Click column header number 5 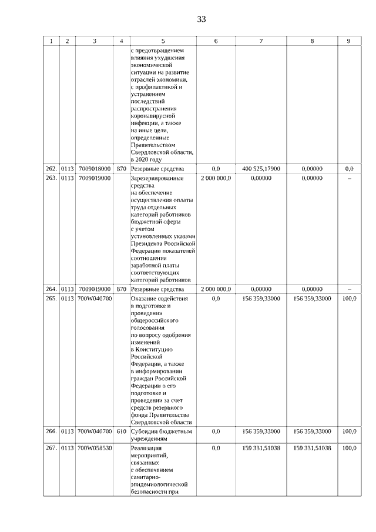click(x=163, y=41)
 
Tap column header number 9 click(x=349, y=41)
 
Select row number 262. click(x=51, y=169)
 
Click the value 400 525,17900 click(x=261, y=169)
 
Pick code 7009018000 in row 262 click(x=95, y=169)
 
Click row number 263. click(x=51, y=178)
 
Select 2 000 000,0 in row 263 click(x=216, y=178)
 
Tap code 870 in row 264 click(x=121, y=289)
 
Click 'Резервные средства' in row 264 click(x=155, y=289)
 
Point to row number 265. click(x=51, y=299)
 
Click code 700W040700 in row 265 click(x=95, y=299)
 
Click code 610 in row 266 click(x=121, y=431)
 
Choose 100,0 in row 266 click(x=349, y=431)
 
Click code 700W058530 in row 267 click(x=95, y=448)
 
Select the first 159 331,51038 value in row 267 click(x=261, y=448)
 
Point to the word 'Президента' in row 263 click(x=145, y=243)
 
